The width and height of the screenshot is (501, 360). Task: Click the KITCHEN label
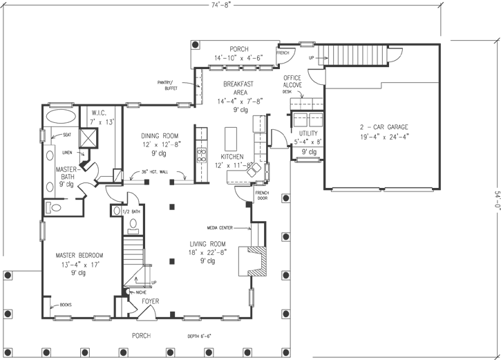pyautogui.click(x=232, y=157)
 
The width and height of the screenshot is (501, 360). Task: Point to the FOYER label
pyautogui.click(x=151, y=301)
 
